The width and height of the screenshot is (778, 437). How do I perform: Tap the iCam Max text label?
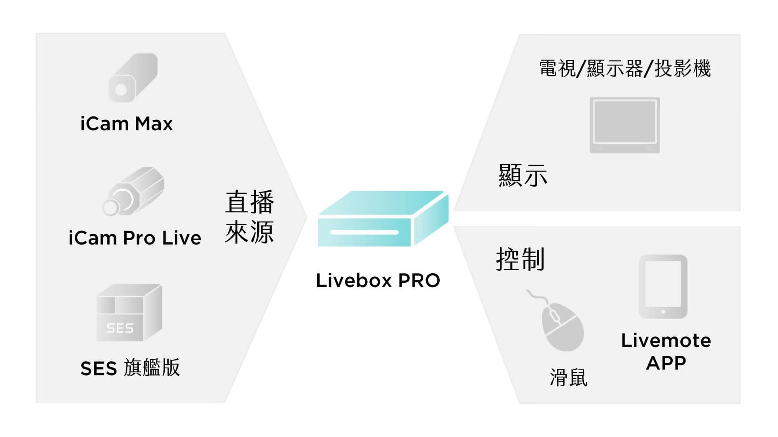[x=126, y=124]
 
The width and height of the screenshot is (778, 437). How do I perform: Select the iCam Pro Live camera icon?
[x=134, y=191]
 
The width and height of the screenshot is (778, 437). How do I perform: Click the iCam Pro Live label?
[x=135, y=238]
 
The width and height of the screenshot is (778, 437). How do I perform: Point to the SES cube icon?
[x=129, y=312]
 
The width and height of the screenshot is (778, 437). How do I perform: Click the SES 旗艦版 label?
[x=130, y=368]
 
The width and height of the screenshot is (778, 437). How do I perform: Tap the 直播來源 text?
[x=249, y=217]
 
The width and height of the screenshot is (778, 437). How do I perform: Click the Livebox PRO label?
[x=378, y=280]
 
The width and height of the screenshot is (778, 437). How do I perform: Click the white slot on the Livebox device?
[x=364, y=232]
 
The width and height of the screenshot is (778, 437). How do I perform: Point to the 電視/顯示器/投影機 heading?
[x=625, y=69]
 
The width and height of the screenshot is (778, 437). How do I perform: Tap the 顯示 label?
[x=523, y=175]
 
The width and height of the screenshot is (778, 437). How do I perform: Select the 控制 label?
[x=520, y=259]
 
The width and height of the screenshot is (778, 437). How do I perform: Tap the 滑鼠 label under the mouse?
[x=569, y=377]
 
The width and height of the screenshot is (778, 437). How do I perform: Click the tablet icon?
[x=663, y=287]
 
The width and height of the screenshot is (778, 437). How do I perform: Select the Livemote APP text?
[x=666, y=351]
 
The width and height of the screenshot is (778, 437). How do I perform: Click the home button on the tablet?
[x=663, y=311]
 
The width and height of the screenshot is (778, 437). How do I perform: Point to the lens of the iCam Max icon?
[x=121, y=90]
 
